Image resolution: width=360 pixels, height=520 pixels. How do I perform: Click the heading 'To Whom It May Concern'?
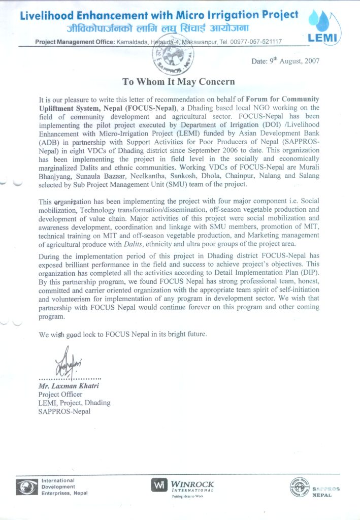coord(178,81)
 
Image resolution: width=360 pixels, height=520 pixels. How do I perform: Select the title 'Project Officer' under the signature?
coord(59,395)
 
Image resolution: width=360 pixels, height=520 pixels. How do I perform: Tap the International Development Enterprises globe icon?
coord(24,487)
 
